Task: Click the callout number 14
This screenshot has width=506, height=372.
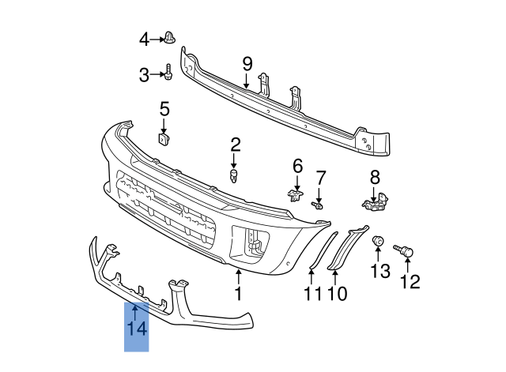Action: (137, 327)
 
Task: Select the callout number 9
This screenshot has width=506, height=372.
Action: (247, 63)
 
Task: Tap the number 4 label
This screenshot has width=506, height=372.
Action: (144, 39)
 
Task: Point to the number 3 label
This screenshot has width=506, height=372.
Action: (144, 75)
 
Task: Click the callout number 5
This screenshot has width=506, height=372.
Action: (164, 108)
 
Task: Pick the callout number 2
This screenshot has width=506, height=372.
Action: (236, 144)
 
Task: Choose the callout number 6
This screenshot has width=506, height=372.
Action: (298, 166)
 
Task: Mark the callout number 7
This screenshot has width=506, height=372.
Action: (321, 177)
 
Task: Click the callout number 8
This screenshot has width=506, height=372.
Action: (375, 177)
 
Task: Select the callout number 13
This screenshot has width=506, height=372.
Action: (379, 272)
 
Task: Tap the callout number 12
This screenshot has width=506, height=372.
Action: (410, 280)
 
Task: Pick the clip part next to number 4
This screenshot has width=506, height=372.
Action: (170, 37)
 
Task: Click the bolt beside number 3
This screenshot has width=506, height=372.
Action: (169, 73)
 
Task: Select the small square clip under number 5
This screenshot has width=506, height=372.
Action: (164, 140)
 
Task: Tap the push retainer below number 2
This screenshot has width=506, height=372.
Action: (235, 174)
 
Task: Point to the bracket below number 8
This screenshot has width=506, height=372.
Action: (374, 204)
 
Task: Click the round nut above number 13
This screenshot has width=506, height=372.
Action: (379, 241)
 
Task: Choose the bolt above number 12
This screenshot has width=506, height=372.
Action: (408, 251)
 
